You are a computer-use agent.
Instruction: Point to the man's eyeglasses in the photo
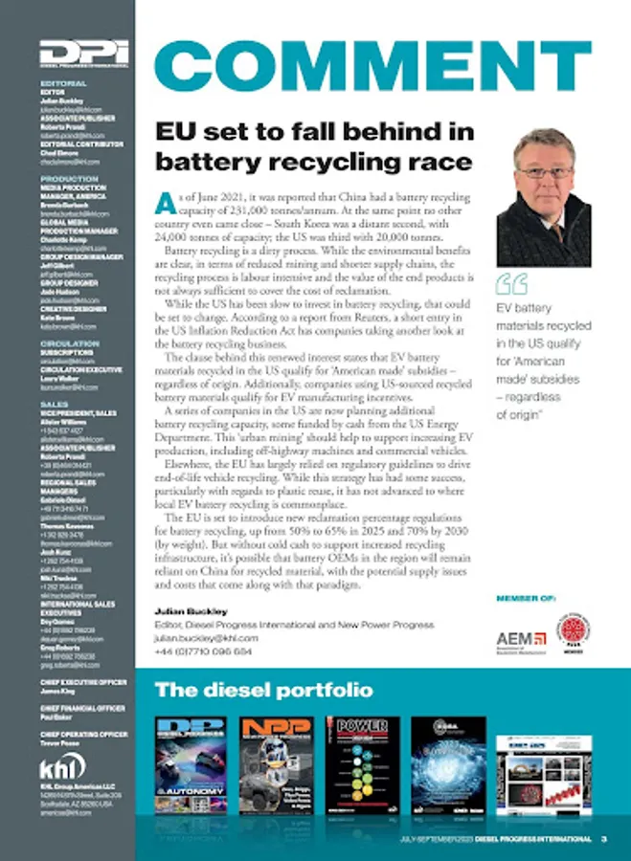coord(543,173)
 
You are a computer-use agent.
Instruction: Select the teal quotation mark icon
coord(512,284)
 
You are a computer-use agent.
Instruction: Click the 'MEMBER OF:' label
coord(525,599)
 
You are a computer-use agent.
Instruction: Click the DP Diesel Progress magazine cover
coord(191,764)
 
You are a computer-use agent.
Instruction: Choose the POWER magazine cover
coord(361,764)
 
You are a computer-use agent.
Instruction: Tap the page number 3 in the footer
coord(604,840)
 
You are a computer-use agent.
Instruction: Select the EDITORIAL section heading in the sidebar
coord(63,83)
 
